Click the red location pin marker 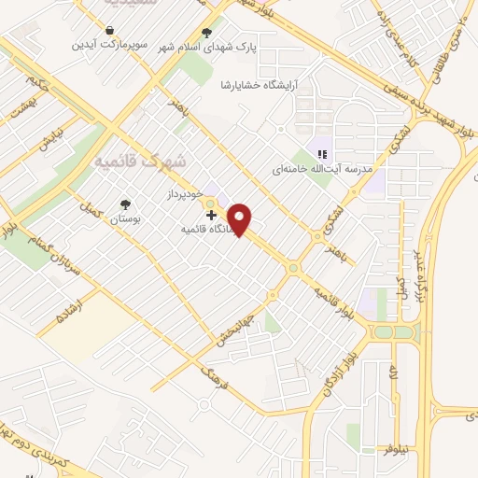[242, 218]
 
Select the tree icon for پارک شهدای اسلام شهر [207, 31]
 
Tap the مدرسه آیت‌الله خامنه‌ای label [322, 170]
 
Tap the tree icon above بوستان [125, 204]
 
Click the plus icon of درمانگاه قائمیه [211, 215]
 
